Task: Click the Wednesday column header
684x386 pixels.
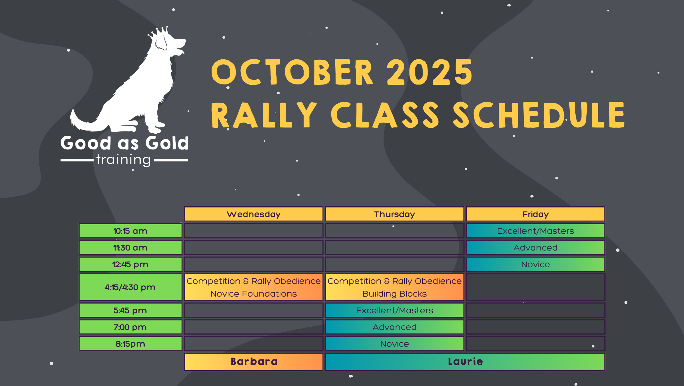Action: pos(254,214)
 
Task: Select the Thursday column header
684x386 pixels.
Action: pos(395,214)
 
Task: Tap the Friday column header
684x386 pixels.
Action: pos(536,214)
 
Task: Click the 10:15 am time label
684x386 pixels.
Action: pos(130,231)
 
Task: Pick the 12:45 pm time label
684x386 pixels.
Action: pos(130,264)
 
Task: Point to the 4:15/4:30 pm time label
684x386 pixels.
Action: pos(130,287)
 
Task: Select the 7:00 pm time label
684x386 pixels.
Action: pos(130,327)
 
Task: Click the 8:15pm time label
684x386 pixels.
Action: pos(130,344)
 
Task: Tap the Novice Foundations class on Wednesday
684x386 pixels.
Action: pos(254,287)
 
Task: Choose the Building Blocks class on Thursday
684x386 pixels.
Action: pos(395,287)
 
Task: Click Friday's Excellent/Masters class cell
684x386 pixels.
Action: pos(536,231)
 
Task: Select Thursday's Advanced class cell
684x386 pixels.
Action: pos(395,327)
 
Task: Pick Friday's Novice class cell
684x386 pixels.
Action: pos(536,264)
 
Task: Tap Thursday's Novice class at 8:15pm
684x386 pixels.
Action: pos(395,344)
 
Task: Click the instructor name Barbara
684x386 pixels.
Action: pos(254,362)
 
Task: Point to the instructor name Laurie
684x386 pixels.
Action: pos(465,362)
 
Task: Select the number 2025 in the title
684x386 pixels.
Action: pos(429,72)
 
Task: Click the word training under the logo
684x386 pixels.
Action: pos(124,160)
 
